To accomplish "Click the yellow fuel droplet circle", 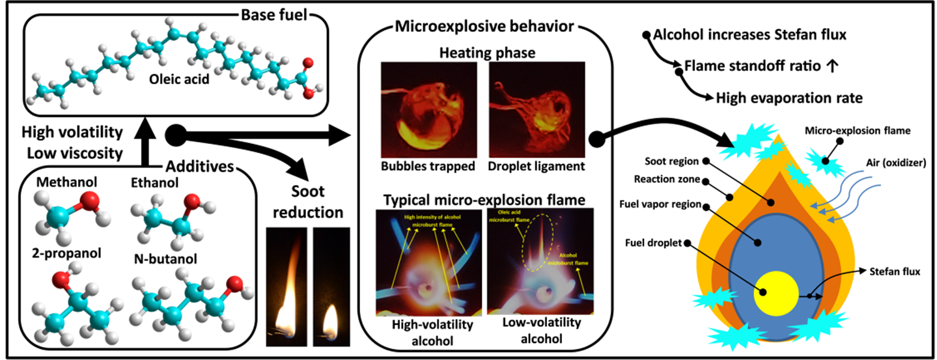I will point(776,293).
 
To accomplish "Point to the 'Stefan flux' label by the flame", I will point(896,271).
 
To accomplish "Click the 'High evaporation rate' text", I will point(789,98).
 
